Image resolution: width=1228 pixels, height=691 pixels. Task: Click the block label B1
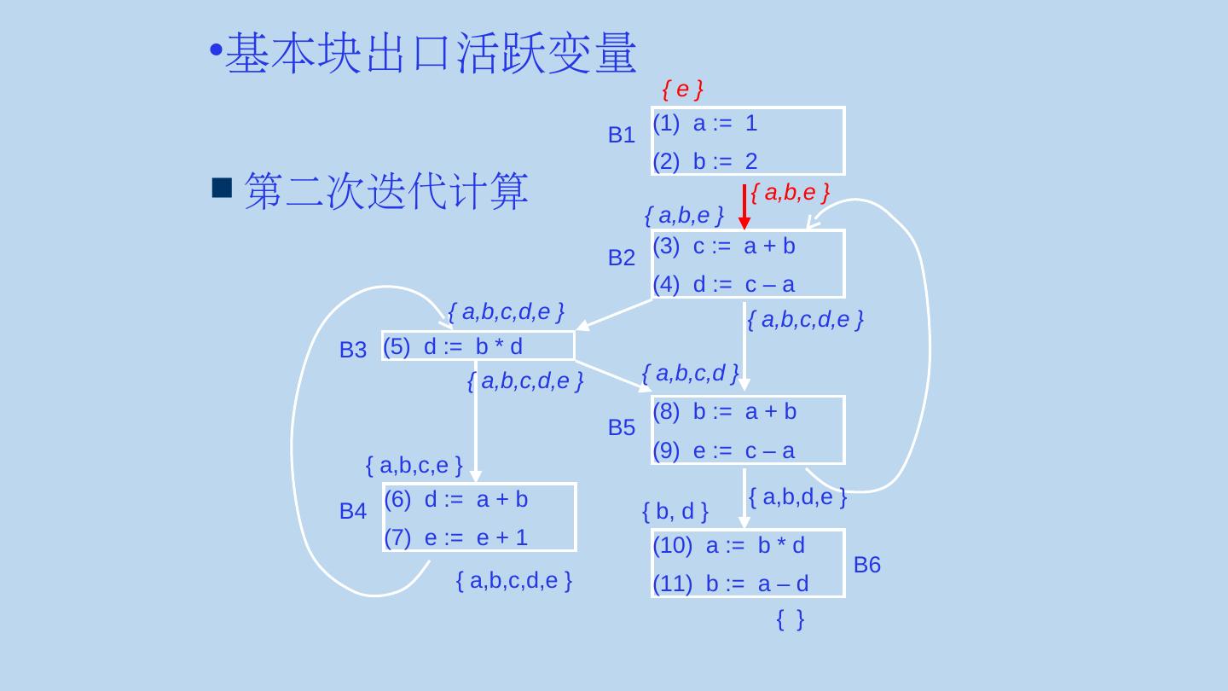click(621, 135)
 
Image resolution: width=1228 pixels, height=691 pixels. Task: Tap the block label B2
click(621, 258)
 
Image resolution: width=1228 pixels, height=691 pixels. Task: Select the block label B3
click(352, 350)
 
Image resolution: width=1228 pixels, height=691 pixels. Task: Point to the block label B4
click(352, 512)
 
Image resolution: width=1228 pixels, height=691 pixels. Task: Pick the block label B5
click(621, 428)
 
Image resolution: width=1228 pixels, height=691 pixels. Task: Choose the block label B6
click(866, 565)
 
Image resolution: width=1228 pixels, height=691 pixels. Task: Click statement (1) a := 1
click(704, 124)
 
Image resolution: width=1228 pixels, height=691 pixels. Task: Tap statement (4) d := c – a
click(723, 284)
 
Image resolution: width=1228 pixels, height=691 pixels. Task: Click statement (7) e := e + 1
click(456, 537)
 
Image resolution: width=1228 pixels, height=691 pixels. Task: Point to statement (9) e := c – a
click(723, 450)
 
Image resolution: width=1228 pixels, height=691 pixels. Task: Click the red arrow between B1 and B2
click(744, 206)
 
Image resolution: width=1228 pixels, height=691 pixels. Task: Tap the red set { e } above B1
click(682, 89)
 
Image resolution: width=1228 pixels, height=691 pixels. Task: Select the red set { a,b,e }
click(791, 193)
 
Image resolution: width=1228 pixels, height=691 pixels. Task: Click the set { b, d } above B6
click(675, 512)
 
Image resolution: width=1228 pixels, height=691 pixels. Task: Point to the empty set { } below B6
click(791, 620)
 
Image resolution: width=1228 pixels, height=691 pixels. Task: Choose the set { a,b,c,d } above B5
click(690, 373)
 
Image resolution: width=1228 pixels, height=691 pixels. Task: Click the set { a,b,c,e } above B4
click(414, 466)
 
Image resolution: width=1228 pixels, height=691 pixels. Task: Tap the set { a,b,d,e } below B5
click(796, 497)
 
